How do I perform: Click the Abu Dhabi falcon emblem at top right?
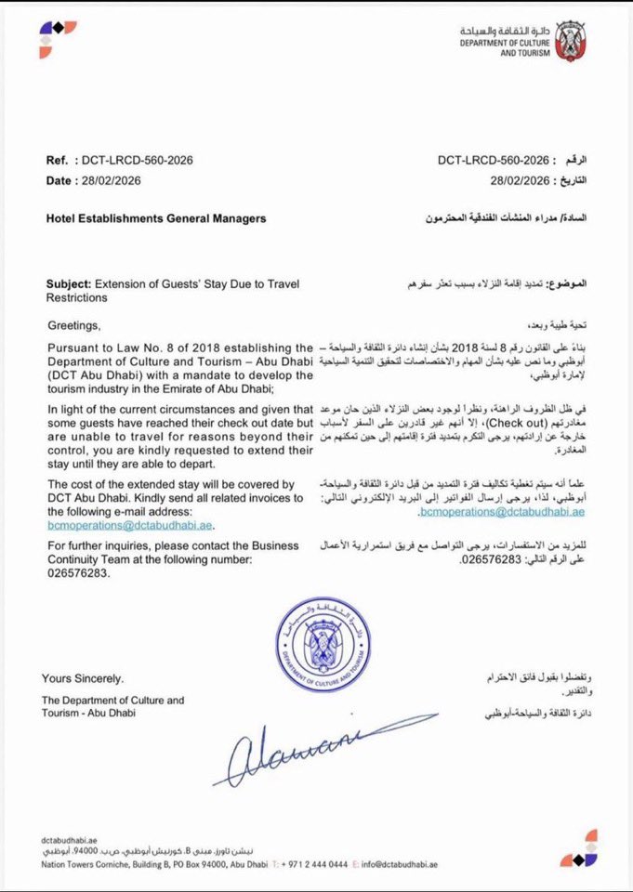click(x=570, y=41)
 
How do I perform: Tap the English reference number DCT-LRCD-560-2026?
click(x=138, y=161)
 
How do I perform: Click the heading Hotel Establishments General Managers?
click(x=156, y=218)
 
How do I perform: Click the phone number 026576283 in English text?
click(x=78, y=573)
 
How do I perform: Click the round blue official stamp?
click(x=323, y=644)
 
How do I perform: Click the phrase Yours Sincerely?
click(x=82, y=678)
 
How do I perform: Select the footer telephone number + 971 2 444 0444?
click(x=307, y=864)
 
